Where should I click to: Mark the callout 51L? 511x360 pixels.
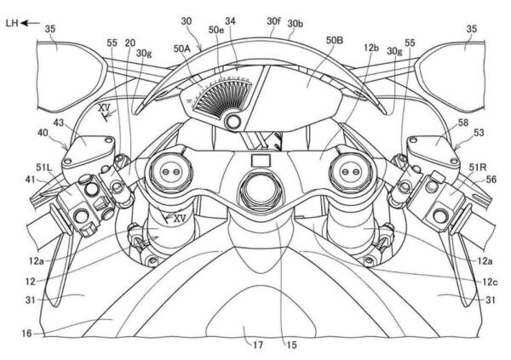42,168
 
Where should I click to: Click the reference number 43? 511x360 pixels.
60,123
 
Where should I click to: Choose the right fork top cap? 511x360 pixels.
350,169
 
